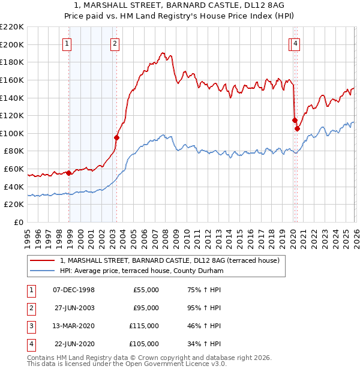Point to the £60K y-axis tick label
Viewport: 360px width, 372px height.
14,169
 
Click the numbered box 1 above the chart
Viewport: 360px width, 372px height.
67,43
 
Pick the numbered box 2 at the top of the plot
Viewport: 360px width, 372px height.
114,43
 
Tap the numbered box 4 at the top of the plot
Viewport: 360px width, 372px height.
296,43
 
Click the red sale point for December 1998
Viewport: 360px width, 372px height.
69,173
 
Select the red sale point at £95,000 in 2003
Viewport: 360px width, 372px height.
117,137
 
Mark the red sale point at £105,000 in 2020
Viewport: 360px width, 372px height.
297,128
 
